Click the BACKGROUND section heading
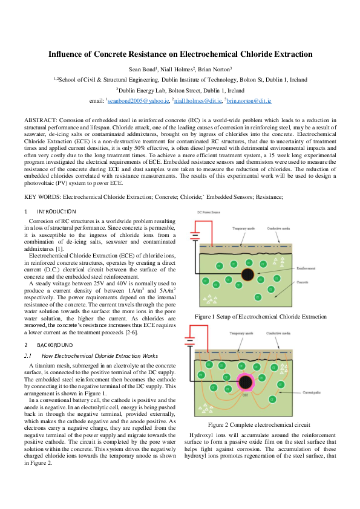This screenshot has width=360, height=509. [55, 345]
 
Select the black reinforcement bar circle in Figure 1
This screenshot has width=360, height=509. [247, 274]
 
